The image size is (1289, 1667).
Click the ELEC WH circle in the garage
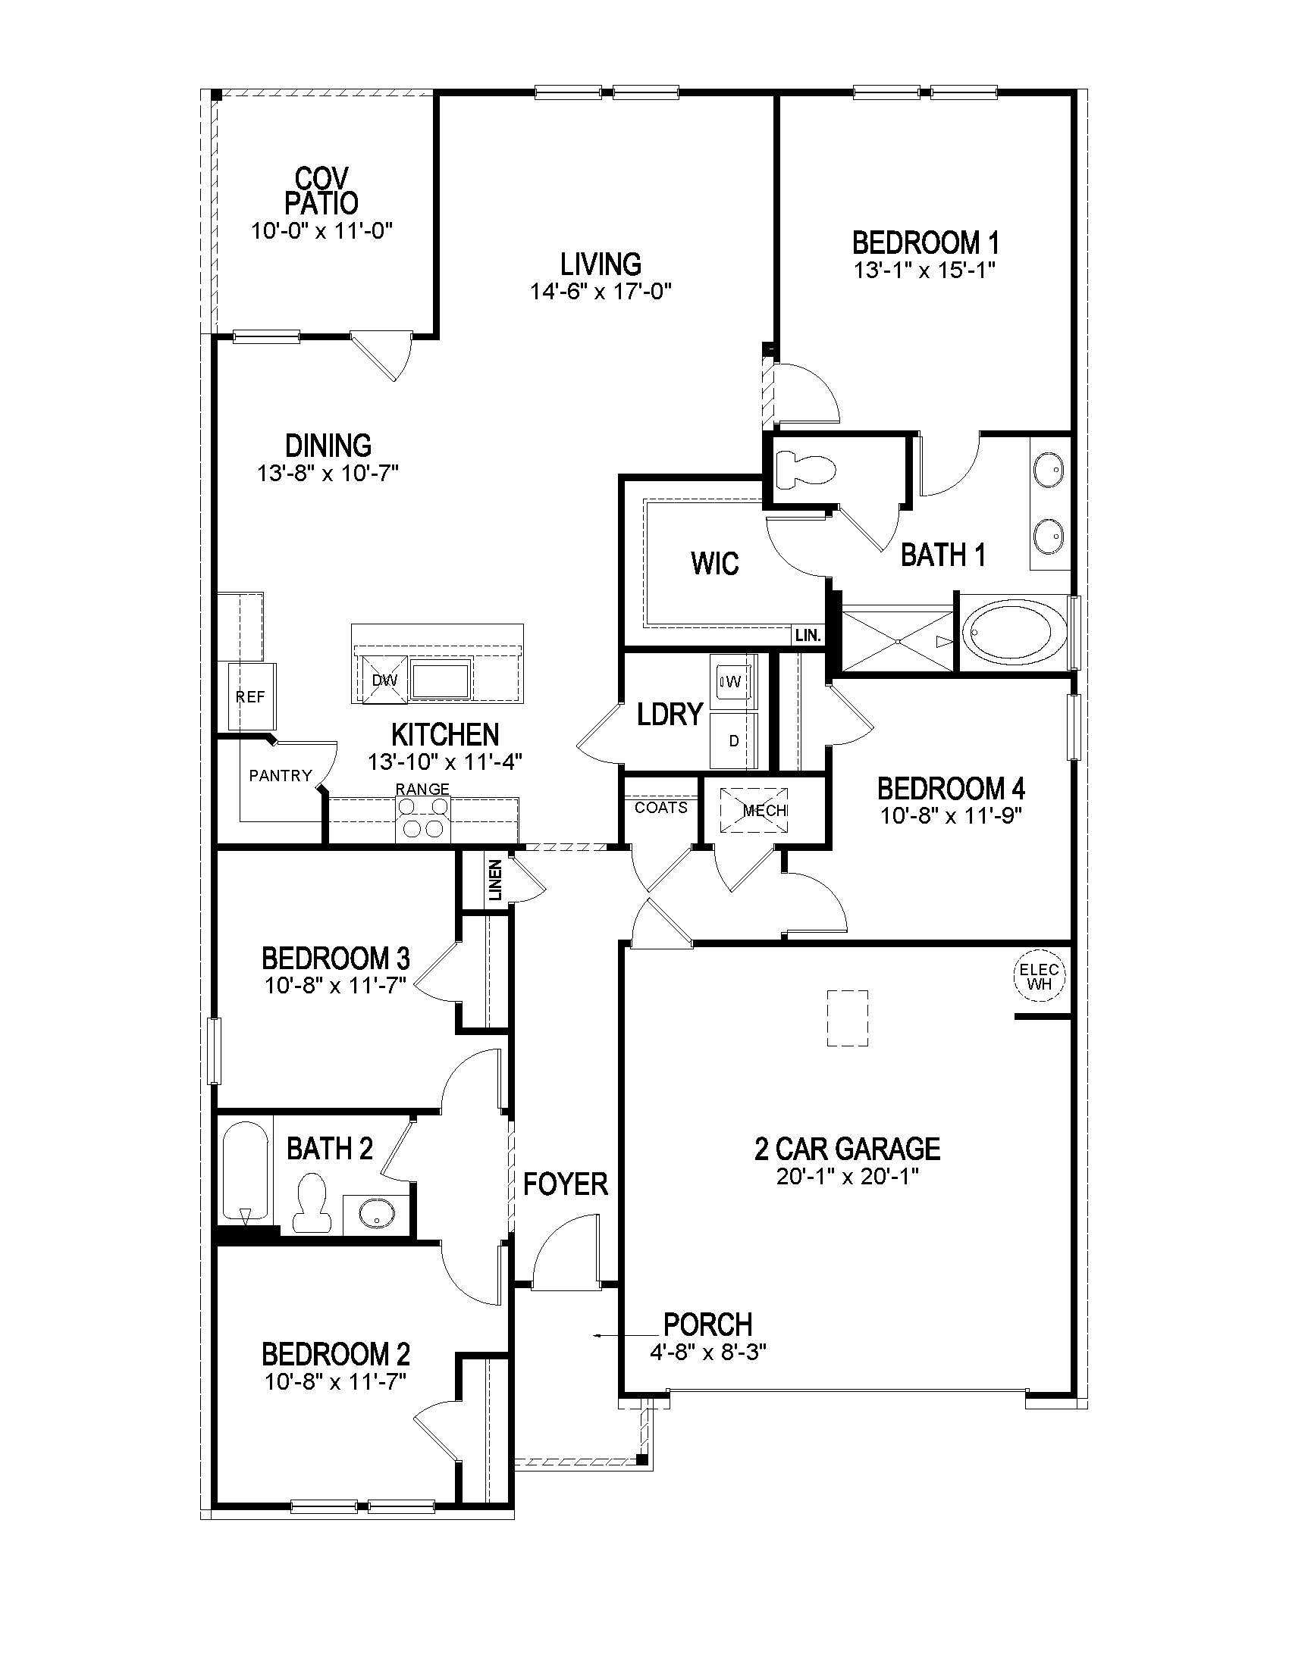(x=1040, y=976)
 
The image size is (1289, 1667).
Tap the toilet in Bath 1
(x=801, y=470)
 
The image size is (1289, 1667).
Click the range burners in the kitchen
(x=423, y=818)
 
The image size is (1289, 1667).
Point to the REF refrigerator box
(x=251, y=697)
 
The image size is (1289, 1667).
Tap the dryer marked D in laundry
(x=733, y=740)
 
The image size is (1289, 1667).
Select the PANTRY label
(x=281, y=775)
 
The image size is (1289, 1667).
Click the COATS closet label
(x=661, y=808)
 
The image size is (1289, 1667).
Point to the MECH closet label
(x=764, y=810)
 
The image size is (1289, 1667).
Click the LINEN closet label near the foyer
(x=495, y=880)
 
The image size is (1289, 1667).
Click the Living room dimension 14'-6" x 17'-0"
(x=601, y=291)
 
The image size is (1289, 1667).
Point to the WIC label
(x=715, y=563)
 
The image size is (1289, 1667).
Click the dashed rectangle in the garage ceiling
(x=848, y=1018)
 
